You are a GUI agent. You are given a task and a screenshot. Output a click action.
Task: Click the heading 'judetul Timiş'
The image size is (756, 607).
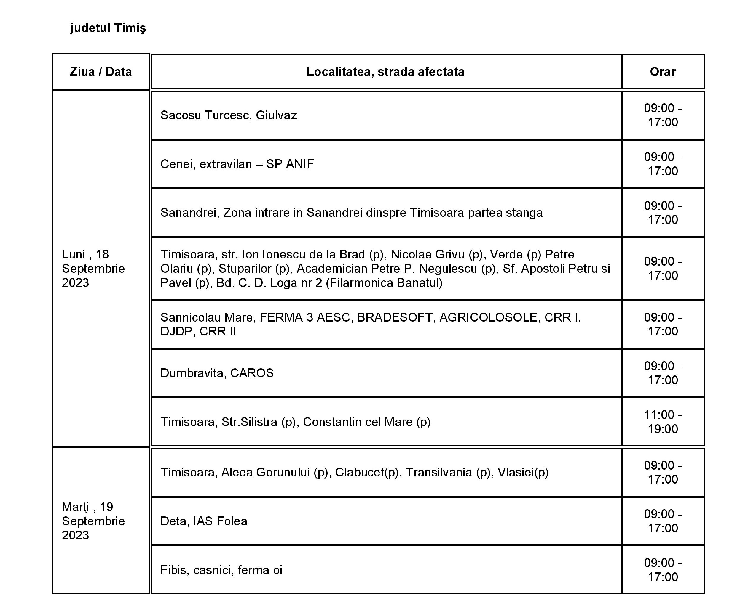(x=108, y=28)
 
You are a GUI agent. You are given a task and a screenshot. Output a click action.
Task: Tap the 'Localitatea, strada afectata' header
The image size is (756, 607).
(x=385, y=72)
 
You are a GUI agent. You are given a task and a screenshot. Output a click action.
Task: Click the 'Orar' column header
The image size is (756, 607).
(x=662, y=72)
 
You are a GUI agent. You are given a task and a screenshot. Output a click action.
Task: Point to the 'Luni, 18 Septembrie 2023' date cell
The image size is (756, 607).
(x=93, y=269)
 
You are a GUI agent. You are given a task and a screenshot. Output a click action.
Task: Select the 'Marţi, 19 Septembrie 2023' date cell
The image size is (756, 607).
(x=93, y=521)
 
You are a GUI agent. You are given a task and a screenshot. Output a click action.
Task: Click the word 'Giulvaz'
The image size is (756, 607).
(x=276, y=115)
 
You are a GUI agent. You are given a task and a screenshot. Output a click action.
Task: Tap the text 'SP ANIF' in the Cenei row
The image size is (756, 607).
(x=290, y=164)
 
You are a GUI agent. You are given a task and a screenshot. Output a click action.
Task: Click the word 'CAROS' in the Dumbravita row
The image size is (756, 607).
(x=252, y=373)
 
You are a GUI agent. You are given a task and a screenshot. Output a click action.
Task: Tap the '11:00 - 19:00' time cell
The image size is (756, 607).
(x=662, y=422)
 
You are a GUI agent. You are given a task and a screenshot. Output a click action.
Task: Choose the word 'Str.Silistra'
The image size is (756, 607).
(x=249, y=422)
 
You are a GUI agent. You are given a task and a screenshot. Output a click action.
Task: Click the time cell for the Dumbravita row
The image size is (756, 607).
(x=662, y=373)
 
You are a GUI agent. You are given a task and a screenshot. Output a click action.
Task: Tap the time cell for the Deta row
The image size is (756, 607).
(x=662, y=521)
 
